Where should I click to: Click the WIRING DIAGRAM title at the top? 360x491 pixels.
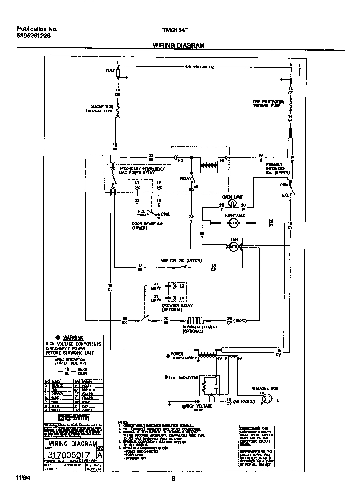pyautogui.click(x=178, y=45)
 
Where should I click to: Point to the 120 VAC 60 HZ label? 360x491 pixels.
pyautogui.click(x=199, y=67)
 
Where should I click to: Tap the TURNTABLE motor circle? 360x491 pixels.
pyautogui.click(x=233, y=223)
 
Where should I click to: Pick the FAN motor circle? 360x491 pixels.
pyautogui.click(x=233, y=248)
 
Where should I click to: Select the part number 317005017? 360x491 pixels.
pyautogui.click(x=69, y=454)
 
